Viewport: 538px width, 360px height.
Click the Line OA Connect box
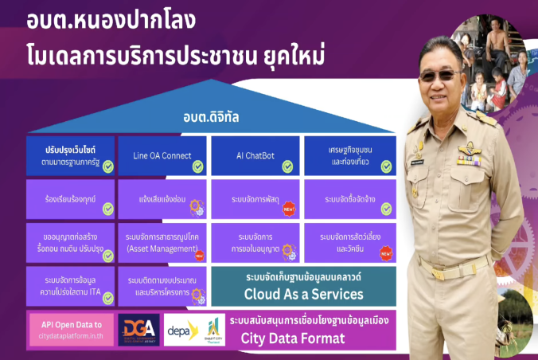(162, 155)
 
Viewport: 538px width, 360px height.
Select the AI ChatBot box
(255, 155)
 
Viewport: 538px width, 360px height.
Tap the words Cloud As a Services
(304, 294)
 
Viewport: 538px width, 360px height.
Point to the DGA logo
(139, 330)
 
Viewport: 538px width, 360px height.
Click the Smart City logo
(212, 329)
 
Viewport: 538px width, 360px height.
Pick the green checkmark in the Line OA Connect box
(197, 166)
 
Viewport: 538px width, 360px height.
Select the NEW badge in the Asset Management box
(199, 255)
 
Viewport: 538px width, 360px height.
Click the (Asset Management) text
(162, 249)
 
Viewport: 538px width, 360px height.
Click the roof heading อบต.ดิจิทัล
(211, 119)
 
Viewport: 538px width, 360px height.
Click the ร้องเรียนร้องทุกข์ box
(70, 199)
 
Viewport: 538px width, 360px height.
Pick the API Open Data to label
(72, 325)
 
